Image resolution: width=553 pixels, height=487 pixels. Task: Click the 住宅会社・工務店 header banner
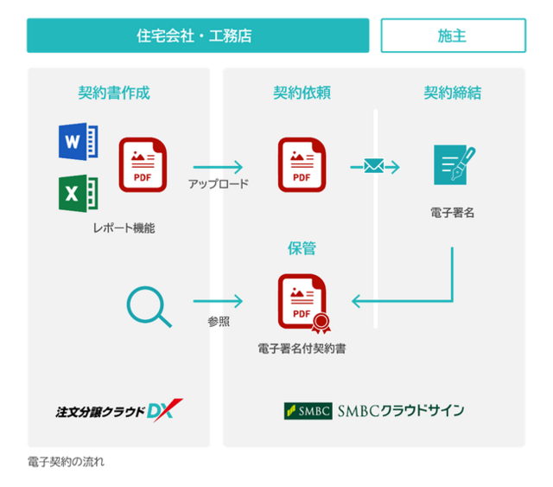pyautogui.click(x=198, y=35)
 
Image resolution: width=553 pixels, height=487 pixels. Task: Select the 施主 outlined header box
pyautogui.click(x=453, y=35)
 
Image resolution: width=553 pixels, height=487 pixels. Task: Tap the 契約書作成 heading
pyautogui.click(x=114, y=93)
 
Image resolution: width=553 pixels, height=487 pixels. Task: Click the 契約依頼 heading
pyautogui.click(x=302, y=93)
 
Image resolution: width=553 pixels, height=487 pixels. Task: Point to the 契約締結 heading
pyautogui.click(x=453, y=93)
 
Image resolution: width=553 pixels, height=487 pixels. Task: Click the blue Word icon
pyautogui.click(x=79, y=142)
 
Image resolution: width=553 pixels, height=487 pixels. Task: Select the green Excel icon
pyautogui.click(x=79, y=194)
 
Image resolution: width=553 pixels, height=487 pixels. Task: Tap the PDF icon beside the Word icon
pyautogui.click(x=143, y=165)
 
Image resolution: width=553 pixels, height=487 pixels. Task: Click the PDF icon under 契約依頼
pyautogui.click(x=302, y=165)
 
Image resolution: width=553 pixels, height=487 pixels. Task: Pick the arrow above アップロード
pyautogui.click(x=218, y=167)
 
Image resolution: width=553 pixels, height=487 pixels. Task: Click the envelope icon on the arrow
pyautogui.click(x=374, y=166)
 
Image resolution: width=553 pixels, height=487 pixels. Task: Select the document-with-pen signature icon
pyautogui.click(x=454, y=165)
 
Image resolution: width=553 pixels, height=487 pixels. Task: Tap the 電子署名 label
pyautogui.click(x=453, y=213)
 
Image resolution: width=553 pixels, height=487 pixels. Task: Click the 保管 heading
pyautogui.click(x=302, y=248)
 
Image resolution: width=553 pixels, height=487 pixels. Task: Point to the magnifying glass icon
pyautogui.click(x=149, y=306)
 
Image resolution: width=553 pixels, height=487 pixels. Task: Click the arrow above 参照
pyautogui.click(x=218, y=301)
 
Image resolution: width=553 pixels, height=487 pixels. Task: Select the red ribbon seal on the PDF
pyautogui.click(x=321, y=324)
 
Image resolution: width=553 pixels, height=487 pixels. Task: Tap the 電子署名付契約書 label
pyautogui.click(x=302, y=349)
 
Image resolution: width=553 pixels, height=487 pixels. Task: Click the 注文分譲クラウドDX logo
pyautogui.click(x=119, y=411)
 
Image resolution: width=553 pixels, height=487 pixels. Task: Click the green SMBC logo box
pyautogui.click(x=308, y=411)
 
